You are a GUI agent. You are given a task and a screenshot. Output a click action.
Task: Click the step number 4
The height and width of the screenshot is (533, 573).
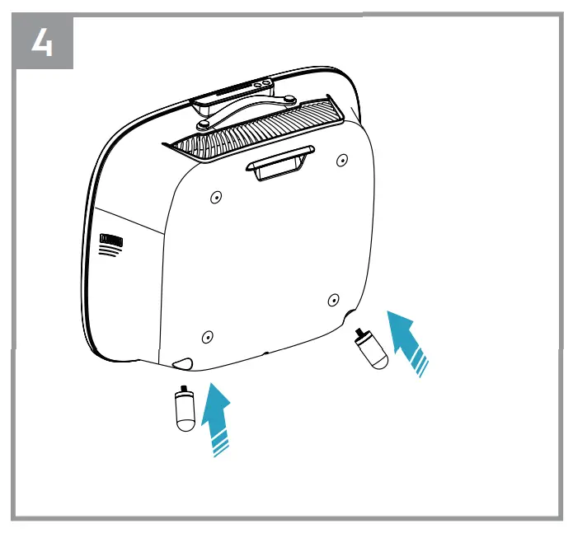(x=42, y=43)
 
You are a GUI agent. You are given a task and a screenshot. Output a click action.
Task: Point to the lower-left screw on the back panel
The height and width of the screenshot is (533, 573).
(x=207, y=336)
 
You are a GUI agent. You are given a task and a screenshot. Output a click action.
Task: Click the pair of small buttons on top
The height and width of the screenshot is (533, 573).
(x=261, y=84)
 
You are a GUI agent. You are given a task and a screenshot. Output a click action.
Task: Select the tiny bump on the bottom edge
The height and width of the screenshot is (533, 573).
(x=266, y=353)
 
